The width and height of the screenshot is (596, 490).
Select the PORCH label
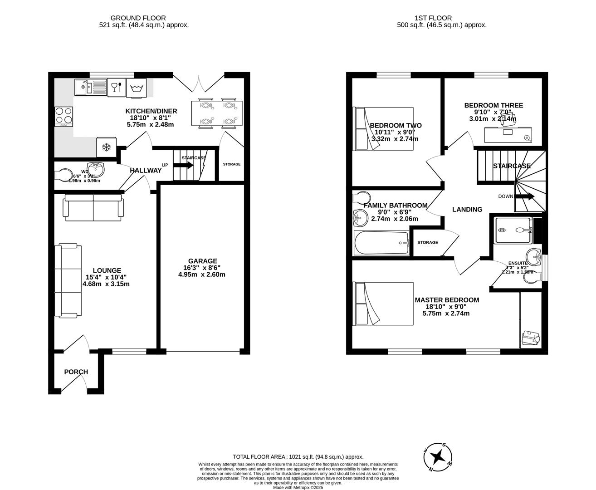tap(76, 372)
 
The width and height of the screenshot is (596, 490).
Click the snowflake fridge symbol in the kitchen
tap(107, 147)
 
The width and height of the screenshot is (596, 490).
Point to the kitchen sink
tap(84, 87)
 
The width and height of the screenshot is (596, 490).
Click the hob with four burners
tap(64, 116)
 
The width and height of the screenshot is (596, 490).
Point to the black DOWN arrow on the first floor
tap(525, 196)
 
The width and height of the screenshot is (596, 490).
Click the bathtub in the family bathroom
tap(381, 243)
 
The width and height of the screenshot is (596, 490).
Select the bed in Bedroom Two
tap(383, 128)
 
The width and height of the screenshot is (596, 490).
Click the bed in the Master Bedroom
tap(384, 304)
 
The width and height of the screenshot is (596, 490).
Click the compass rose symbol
tap(438, 457)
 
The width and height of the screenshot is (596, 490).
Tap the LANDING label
tap(467, 210)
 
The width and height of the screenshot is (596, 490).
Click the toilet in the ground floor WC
tap(65, 175)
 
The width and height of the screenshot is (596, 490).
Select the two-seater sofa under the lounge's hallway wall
tap(94, 208)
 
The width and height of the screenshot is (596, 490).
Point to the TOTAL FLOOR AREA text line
tap(298, 457)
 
